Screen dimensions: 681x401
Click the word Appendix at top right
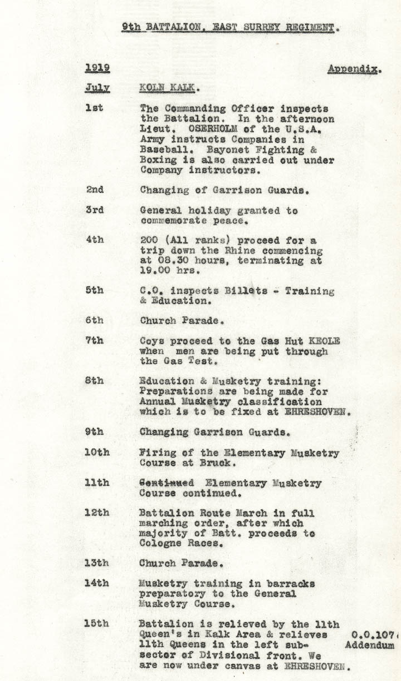pyautogui.click(x=354, y=69)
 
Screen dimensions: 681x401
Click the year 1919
pyautogui.click(x=97, y=68)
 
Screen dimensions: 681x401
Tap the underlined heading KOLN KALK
pyautogui.click(x=169, y=88)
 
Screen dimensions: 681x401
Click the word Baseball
pyautogui.click(x=162, y=150)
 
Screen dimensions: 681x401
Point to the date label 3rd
pyautogui.click(x=95, y=211)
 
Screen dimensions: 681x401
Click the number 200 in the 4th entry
pyautogui.click(x=150, y=240)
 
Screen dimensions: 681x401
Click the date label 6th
pyautogui.click(x=95, y=320)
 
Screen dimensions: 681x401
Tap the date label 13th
pyautogui.click(x=96, y=563)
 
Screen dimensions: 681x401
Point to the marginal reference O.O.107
pyautogui.click(x=374, y=634)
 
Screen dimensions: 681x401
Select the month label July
pyautogui.click(x=97, y=88)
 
